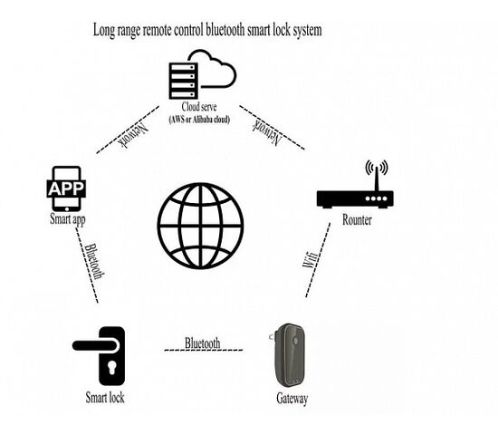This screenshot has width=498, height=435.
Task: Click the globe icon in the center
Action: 200,226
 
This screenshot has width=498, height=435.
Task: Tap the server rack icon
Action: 184,81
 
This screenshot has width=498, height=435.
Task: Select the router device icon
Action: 355,185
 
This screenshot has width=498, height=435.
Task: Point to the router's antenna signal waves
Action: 377,168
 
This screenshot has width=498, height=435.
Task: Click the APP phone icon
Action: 66,188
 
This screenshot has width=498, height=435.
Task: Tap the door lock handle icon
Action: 99,356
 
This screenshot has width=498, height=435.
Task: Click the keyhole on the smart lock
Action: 111,368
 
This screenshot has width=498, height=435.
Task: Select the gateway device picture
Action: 289,355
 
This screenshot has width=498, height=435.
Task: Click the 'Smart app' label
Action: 68,219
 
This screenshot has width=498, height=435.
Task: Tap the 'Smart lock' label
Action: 105,398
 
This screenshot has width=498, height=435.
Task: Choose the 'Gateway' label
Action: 292,399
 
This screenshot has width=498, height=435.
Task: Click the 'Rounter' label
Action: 357,220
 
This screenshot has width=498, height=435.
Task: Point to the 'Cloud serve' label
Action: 199,107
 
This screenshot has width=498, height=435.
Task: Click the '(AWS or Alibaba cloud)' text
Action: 199,120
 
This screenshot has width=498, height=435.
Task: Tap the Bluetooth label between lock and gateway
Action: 202,343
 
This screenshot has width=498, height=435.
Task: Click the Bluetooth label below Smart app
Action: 95,261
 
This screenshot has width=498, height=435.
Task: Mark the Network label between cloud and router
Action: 267,131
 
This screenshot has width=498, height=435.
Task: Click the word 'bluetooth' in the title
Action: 225,30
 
